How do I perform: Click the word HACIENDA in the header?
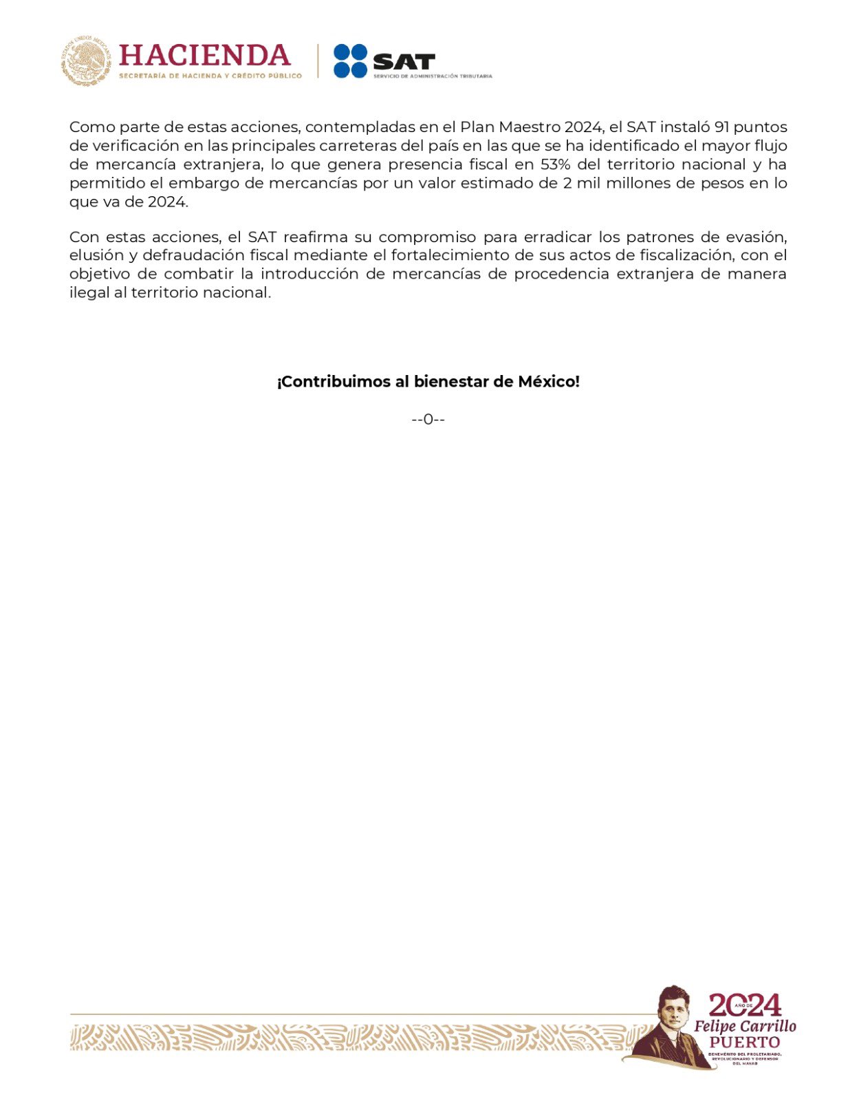[x=204, y=55]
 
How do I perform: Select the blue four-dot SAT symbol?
[x=351, y=61]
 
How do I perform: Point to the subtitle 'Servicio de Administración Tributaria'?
[x=433, y=76]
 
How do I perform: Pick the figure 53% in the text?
[x=555, y=164]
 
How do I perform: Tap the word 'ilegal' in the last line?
[x=87, y=292]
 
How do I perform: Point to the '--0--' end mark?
[x=428, y=420]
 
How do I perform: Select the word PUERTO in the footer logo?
[x=745, y=1042]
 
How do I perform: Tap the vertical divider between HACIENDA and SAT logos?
[x=318, y=61]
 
